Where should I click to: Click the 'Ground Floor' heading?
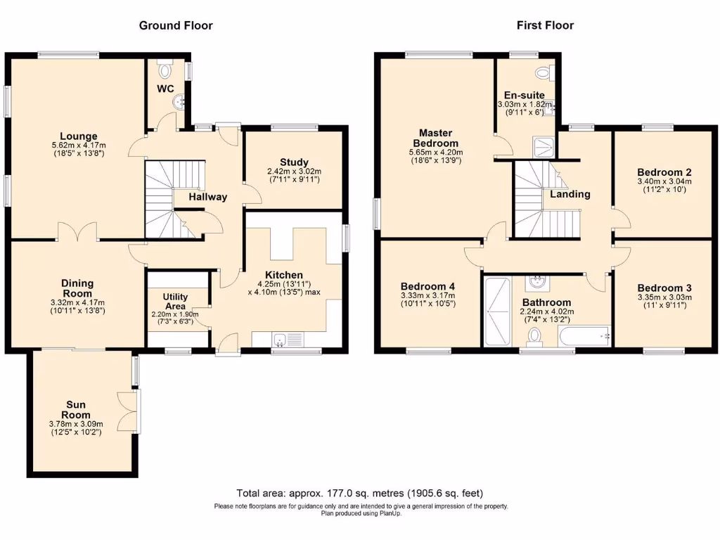coord(176,25)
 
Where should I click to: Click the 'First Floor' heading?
coord(545,25)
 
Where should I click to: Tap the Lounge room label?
coord(78,136)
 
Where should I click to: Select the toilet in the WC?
coord(166,70)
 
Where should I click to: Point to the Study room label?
coord(294,162)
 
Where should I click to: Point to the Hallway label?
coord(207,197)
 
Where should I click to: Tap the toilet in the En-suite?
coord(543,72)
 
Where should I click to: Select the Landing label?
coord(570,194)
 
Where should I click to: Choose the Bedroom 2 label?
coord(664,172)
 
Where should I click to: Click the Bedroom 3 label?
coord(664,288)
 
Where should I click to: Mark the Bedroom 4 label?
coord(427,286)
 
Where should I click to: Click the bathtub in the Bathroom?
coord(585,337)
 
